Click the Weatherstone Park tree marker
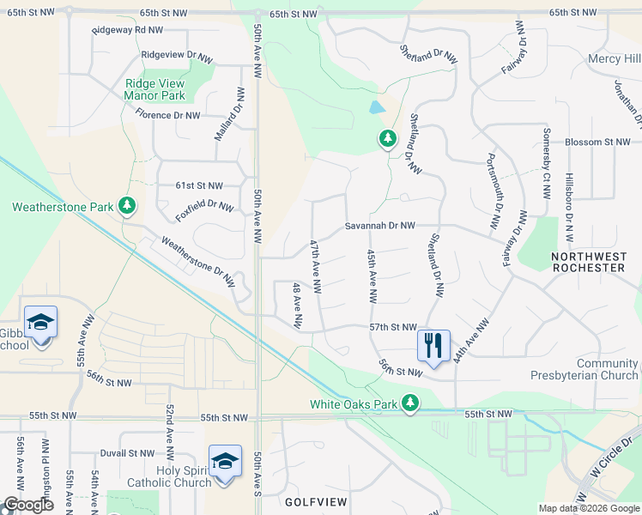(x=127, y=206)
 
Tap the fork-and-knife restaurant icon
(x=433, y=345)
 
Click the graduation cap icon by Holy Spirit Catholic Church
(x=224, y=462)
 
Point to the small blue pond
(x=376, y=108)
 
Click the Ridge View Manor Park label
(x=154, y=89)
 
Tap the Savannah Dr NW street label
(x=380, y=226)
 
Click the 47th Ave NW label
(x=315, y=267)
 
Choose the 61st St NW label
(x=199, y=185)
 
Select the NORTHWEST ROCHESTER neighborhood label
(x=588, y=262)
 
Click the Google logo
(x=28, y=505)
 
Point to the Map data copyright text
(x=589, y=508)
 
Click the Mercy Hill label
(x=614, y=58)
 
